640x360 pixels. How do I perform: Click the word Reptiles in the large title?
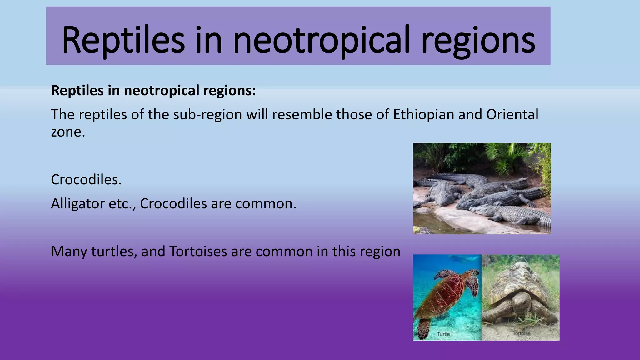point(123,40)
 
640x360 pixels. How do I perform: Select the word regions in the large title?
point(478,40)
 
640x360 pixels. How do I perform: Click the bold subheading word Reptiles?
point(77,91)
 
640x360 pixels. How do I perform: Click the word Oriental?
point(512,114)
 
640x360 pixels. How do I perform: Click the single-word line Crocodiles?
point(86,180)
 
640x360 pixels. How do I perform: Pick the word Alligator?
point(77,204)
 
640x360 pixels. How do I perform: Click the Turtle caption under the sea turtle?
point(443,334)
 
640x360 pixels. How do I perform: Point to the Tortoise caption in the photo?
point(521,333)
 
